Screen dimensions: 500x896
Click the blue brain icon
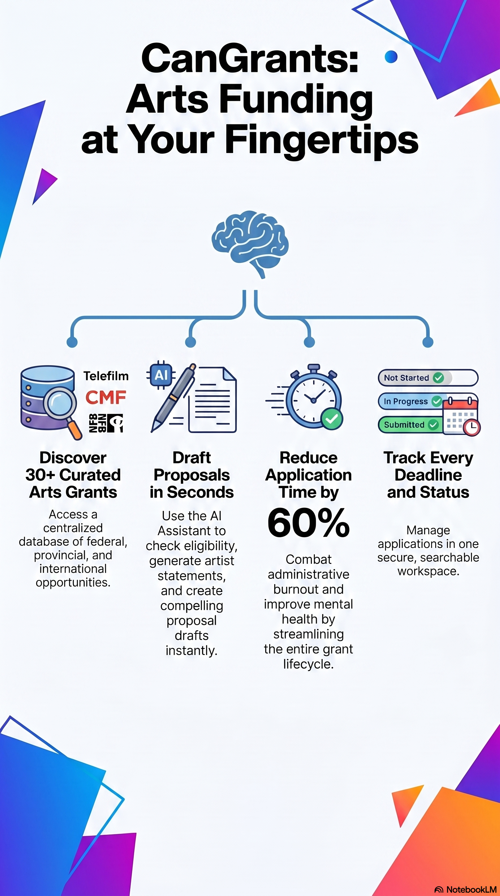click(250, 244)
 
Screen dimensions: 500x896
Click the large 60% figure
click(308, 523)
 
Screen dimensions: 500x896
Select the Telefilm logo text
click(106, 376)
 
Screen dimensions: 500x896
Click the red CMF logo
click(106, 397)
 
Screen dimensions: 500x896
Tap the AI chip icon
click(161, 375)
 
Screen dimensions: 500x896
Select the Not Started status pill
click(428, 378)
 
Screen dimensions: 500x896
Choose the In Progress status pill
click(410, 401)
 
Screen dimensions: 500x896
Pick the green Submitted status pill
click(410, 425)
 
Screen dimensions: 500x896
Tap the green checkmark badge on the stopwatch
click(332, 419)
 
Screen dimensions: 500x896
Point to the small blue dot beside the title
click(391, 57)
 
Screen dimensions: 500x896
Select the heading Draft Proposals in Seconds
click(192, 475)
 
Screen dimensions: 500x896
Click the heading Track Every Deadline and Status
click(428, 475)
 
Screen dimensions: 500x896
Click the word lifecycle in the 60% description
click(308, 664)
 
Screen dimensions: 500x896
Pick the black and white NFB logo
click(106, 423)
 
